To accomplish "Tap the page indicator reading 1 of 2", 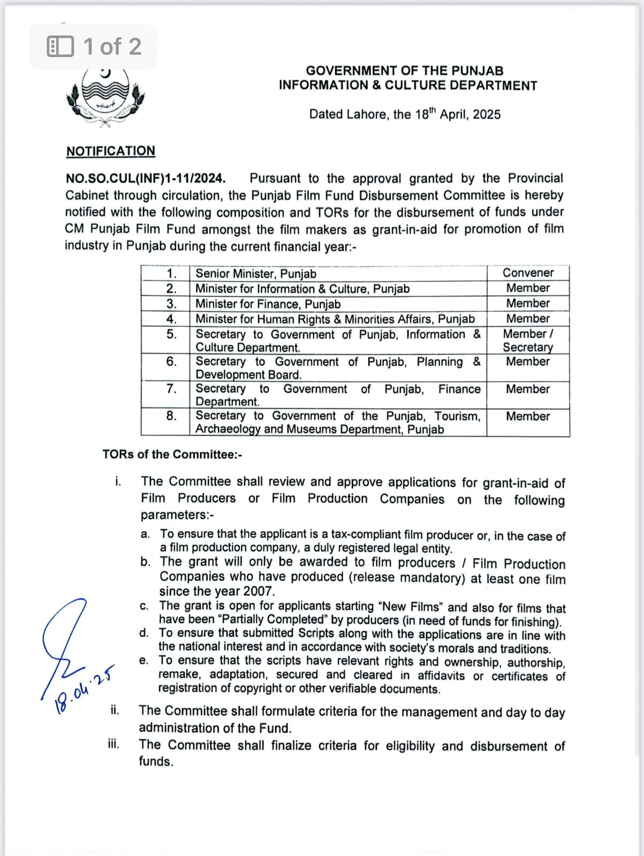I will pyautogui.click(x=93, y=47).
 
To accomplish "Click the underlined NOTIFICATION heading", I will pyautogui.click(x=111, y=151).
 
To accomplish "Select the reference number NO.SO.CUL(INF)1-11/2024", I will pyautogui.click(x=146, y=178).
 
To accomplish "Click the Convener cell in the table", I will pyautogui.click(x=528, y=273).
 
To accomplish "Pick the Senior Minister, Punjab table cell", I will pyautogui.click(x=255, y=274).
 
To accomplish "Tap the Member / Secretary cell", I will pyautogui.click(x=528, y=340).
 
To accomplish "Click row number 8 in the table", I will pyautogui.click(x=171, y=416).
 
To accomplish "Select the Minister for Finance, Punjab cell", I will pyautogui.click(x=268, y=304).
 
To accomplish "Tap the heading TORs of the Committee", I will pyautogui.click(x=172, y=454).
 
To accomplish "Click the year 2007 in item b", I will pyautogui.click(x=259, y=591).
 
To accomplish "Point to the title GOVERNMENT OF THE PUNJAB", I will pyautogui.click(x=404, y=71).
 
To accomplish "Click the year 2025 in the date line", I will pyautogui.click(x=487, y=114).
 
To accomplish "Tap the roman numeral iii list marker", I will pyautogui.click(x=113, y=744).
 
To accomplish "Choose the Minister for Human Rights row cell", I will pyautogui.click(x=335, y=319).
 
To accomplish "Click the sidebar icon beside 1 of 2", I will pyautogui.click(x=60, y=47).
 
